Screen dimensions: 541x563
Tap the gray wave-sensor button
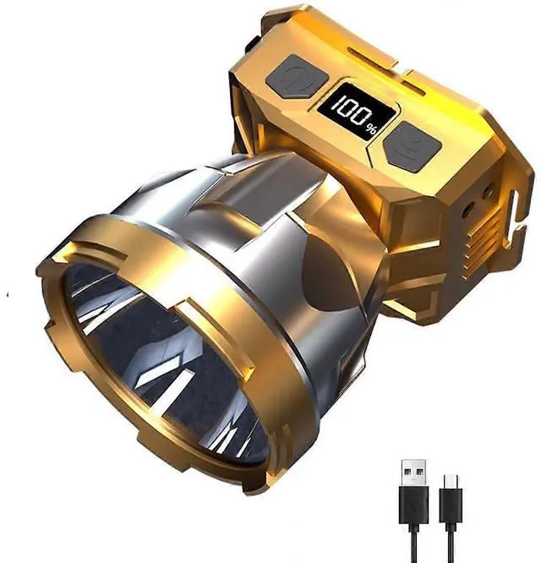412,145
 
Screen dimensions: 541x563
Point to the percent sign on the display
371,128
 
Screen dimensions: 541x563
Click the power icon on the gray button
295,78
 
